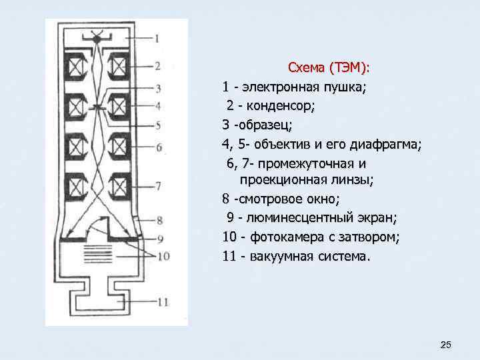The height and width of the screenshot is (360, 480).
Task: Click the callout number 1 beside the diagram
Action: click(157, 38)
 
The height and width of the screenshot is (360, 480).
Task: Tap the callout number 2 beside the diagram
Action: click(158, 65)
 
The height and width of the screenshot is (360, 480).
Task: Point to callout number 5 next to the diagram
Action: click(158, 125)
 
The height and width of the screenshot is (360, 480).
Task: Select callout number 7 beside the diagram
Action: click(158, 186)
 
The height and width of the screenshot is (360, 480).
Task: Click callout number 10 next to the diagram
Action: click(163, 255)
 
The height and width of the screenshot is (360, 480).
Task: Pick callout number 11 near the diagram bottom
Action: click(163, 302)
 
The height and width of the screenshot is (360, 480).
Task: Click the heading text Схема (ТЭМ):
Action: click(331, 68)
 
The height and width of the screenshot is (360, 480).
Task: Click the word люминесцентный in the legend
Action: click(300, 218)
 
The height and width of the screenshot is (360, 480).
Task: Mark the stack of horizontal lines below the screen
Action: click(98, 254)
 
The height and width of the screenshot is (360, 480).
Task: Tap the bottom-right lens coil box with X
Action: click(120, 183)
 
